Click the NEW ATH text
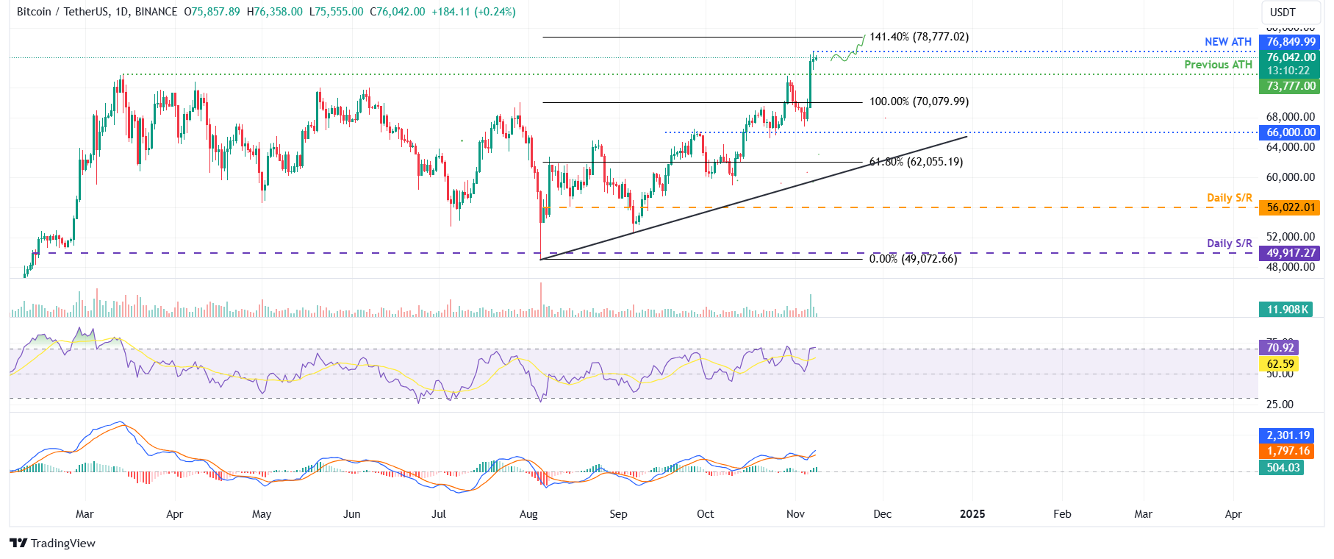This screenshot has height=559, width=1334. pos(1227,42)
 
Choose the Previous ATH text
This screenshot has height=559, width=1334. pos(1218,65)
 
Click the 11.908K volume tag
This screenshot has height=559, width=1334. pos(1286,310)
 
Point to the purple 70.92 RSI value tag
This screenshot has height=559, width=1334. pos(1280,348)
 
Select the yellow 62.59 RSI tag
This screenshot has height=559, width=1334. pos(1280,364)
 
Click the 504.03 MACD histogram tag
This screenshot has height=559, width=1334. pos(1283,468)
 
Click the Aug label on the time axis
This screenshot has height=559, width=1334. pos(528,514)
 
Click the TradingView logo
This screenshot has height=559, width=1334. pos(53,544)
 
